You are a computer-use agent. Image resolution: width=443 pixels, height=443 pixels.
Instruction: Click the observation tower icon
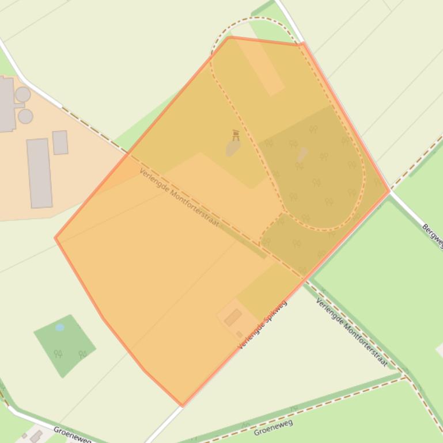tap(236, 135)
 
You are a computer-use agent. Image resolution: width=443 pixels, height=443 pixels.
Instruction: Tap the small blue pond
tap(60, 327)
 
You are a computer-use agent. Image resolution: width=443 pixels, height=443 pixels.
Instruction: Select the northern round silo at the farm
tap(23, 94)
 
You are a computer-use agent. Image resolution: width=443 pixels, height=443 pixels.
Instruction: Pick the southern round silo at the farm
tap(25, 116)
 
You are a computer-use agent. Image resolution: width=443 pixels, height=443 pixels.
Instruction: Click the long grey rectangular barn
tap(39, 173)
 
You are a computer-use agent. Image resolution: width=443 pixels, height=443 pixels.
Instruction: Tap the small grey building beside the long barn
tap(60, 142)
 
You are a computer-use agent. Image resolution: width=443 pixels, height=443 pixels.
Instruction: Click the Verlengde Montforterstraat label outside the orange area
tap(351, 332)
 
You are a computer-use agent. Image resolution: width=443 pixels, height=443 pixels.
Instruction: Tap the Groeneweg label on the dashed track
tap(274, 427)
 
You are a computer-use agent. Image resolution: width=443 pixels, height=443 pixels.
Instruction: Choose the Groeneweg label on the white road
tap(72, 434)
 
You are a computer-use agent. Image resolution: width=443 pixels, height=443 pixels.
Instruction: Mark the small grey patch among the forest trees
tap(302, 154)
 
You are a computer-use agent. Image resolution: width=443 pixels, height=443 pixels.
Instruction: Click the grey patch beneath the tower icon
tap(233, 148)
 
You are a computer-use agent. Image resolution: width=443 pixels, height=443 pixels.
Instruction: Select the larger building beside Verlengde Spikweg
tap(233, 317)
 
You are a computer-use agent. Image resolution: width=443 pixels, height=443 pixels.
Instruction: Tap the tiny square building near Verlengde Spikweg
tap(240, 334)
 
